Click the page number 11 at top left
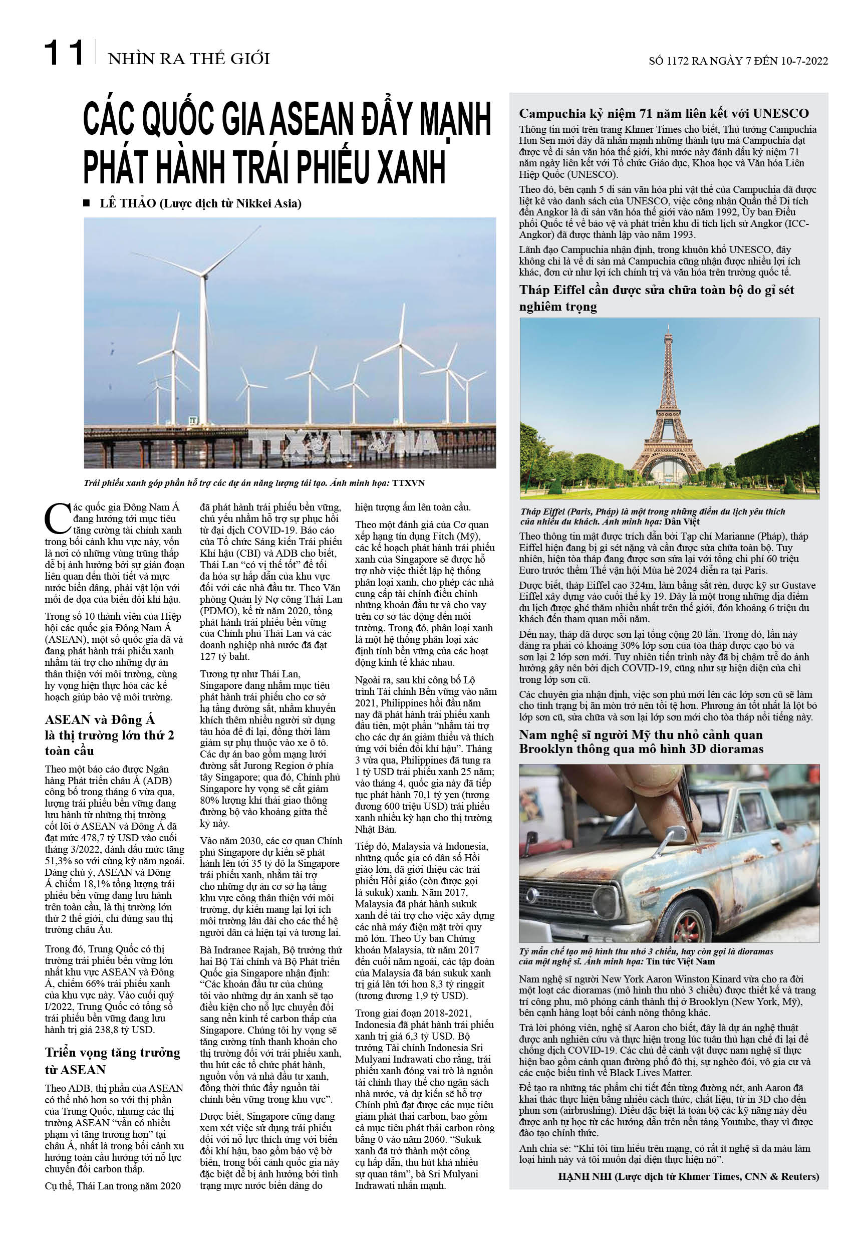[64, 53]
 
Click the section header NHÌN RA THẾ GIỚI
[189, 59]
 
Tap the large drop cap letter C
[57, 518]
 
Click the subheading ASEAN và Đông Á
[100, 719]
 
